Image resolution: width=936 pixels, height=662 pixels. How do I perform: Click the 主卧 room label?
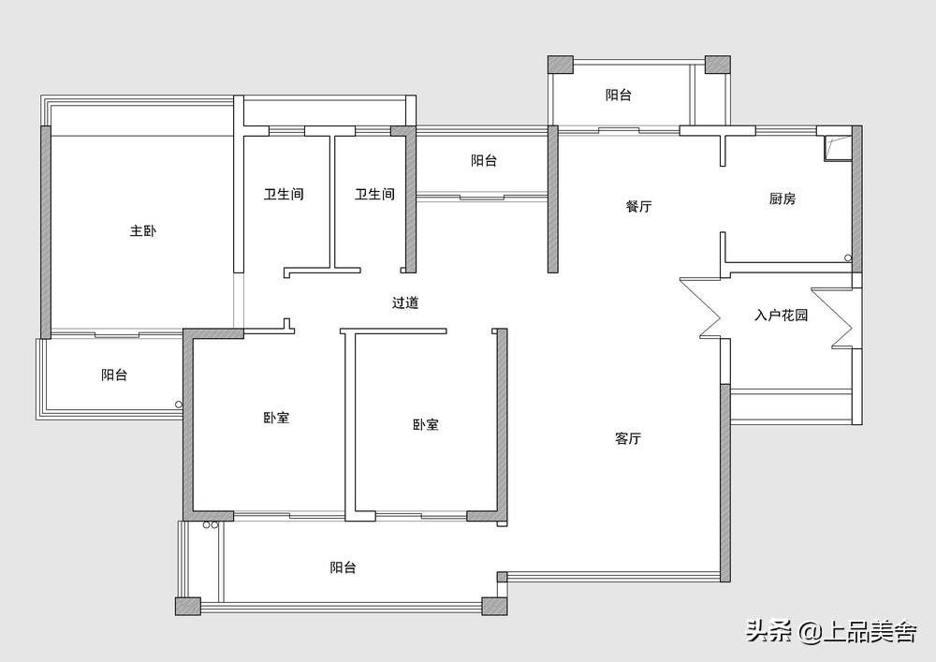coord(142,230)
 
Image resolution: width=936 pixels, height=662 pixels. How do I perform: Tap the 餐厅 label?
coord(638,206)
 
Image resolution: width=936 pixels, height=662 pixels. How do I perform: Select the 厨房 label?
coord(782,199)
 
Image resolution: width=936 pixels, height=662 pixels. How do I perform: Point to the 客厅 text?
coord(628,438)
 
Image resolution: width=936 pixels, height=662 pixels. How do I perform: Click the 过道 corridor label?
coord(405,302)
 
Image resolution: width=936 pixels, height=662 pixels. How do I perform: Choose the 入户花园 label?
coord(781,316)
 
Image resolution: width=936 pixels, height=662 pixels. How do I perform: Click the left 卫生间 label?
coord(284,195)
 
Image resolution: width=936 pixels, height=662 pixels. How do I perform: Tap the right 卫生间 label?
coord(374,195)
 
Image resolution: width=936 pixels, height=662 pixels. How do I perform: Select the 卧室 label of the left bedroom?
coord(276,418)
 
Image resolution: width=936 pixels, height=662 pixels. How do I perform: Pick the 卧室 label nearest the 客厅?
coord(426,424)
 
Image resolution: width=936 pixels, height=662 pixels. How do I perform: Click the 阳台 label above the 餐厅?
coord(618,95)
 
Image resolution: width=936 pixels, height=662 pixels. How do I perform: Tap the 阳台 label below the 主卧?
coord(114,375)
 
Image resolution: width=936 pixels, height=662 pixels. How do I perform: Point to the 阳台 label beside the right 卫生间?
coord(484,161)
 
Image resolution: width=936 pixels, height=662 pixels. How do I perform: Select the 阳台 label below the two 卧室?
coord(343,567)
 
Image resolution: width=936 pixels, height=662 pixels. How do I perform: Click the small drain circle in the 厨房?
coord(847,257)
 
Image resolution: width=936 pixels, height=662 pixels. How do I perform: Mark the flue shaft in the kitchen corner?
coord(833,145)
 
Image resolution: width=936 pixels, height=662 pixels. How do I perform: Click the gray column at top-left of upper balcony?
coord(560,65)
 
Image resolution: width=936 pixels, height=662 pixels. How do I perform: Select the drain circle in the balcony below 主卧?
coord(179,405)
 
